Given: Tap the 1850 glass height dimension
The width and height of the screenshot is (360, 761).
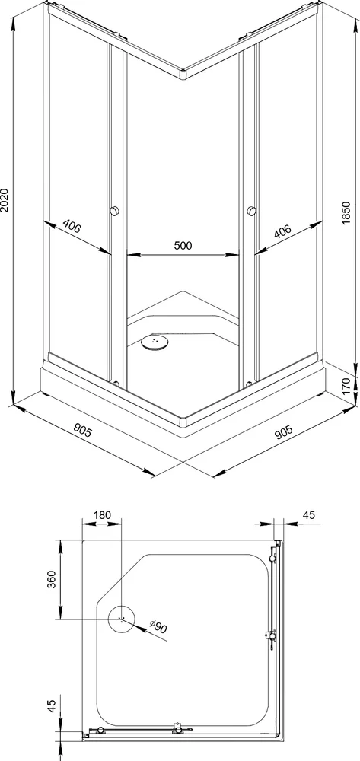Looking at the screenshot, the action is [346, 212].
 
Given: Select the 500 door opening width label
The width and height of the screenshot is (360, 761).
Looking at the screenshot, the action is [183, 246].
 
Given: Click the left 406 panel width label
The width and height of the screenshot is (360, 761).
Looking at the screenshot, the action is [72, 228].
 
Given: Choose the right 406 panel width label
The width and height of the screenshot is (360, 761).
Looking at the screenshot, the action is [282, 231].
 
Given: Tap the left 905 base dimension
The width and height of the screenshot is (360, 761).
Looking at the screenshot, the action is [82, 430].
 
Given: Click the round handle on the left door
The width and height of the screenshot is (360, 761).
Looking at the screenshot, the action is [115, 211].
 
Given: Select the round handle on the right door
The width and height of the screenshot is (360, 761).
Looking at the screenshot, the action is [251, 211].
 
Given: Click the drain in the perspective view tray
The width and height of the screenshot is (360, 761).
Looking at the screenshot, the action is [155, 342].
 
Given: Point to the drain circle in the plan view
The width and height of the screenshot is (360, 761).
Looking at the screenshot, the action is [121, 619].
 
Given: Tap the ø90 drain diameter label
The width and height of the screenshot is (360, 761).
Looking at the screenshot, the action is [158, 628].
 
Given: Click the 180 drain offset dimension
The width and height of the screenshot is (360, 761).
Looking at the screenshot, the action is [102, 515].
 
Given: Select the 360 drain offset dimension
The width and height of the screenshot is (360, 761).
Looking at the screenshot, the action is [52, 579].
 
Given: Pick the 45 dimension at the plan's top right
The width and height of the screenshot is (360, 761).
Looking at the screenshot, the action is [308, 515].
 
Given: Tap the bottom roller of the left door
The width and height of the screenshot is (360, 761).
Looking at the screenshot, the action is [116, 383].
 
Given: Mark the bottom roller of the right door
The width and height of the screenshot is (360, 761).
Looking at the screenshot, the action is [249, 383].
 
